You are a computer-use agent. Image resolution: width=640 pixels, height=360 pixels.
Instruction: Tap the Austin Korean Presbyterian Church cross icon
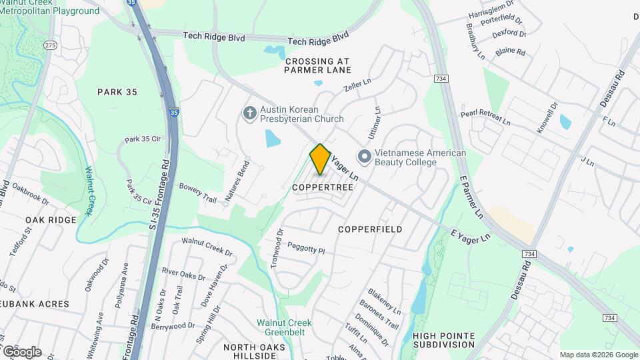click(x=250, y=114)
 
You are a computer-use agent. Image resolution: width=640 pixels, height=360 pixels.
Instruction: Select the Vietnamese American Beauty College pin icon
click(x=364, y=157)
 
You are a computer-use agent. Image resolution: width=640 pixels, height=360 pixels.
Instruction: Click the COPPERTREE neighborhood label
click(x=323, y=188)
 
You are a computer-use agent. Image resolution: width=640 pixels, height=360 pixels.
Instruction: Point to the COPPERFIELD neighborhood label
click(x=370, y=229)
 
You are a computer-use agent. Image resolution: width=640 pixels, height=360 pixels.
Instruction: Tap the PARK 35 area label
click(x=117, y=92)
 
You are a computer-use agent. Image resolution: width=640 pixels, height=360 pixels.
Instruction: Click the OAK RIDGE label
click(x=47, y=219)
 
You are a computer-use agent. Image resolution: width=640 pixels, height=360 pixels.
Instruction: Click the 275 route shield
click(x=50, y=45)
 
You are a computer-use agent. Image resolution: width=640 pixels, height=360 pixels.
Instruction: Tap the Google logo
click(x=21, y=351)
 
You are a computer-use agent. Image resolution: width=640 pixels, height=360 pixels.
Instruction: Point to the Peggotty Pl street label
click(x=305, y=249)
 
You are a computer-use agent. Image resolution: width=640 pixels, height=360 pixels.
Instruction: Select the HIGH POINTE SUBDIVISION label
click(x=443, y=340)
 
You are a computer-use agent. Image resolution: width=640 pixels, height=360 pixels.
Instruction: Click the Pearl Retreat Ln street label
click(x=485, y=118)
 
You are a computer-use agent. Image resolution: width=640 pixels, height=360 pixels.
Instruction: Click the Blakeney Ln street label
click(x=384, y=302)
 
